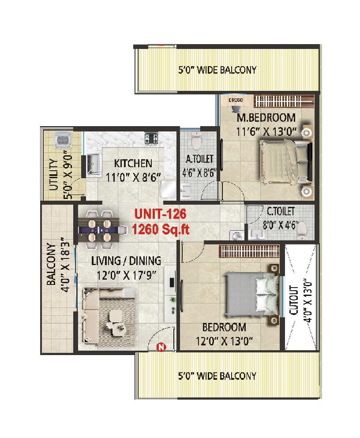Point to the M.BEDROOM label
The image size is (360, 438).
266,118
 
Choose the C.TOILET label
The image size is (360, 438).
281,212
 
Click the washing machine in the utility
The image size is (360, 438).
62,140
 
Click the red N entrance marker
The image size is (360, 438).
161,347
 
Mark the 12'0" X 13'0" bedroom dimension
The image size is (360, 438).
224,341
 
